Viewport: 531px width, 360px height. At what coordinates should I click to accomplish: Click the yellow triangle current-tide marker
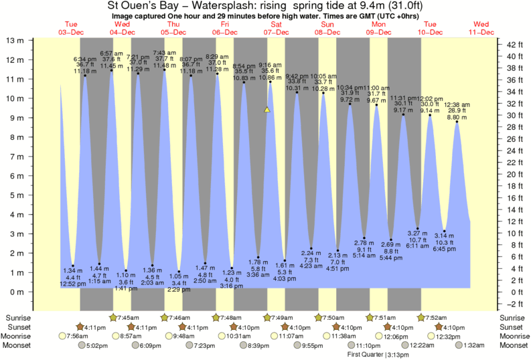click(267, 109)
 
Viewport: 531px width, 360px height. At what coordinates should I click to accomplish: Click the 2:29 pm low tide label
click(178, 289)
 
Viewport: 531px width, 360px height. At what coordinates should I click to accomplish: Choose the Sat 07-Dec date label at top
click(275, 28)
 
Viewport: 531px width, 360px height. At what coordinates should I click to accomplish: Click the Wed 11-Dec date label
click(481, 28)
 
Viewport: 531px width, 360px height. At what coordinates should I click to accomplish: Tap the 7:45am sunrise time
click(128, 317)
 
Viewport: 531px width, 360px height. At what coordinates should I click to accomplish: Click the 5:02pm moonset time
click(98, 345)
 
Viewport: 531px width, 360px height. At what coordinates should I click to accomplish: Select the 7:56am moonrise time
click(78, 336)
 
